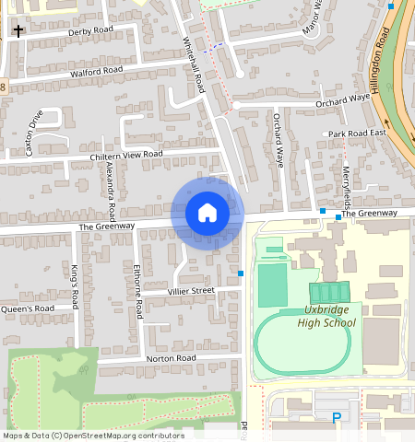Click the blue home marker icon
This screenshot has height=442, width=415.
click(x=207, y=213)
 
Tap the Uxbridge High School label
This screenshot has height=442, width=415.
click(x=326, y=316)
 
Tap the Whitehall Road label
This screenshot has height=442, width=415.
click(x=193, y=64)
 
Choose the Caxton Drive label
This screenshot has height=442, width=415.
click(x=35, y=134)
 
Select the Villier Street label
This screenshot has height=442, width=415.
click(x=190, y=291)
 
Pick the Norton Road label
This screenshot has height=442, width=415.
click(x=172, y=357)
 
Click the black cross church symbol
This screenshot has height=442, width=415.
click(x=18, y=30)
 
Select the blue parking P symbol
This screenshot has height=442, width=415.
click(x=337, y=419)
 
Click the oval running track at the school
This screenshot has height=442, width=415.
click(x=302, y=345)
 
